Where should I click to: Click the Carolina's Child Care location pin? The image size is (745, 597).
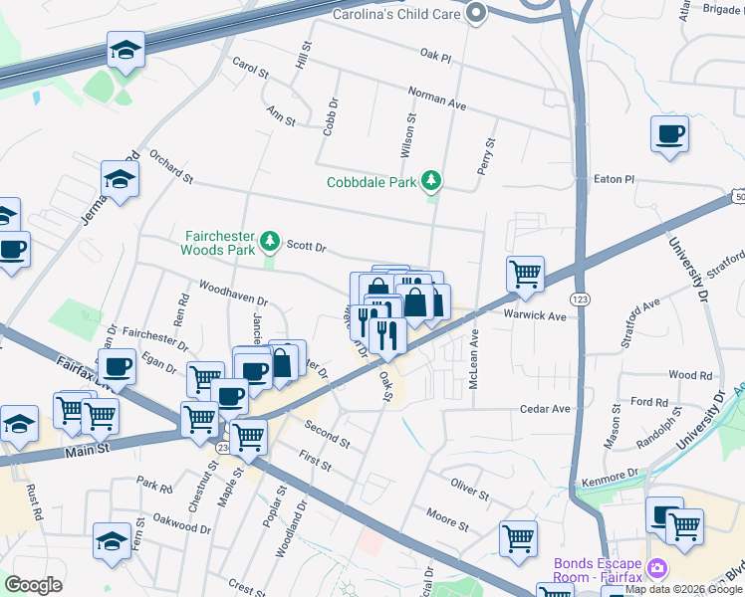tap(476, 13)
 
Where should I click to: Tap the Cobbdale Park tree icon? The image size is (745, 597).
tap(431, 181)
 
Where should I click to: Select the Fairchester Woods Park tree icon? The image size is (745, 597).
tap(269, 241)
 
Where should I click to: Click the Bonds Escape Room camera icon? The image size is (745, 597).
tap(656, 569)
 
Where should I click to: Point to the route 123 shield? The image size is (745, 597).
tap(578, 298)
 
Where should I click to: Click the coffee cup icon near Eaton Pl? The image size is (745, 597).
tap(669, 134)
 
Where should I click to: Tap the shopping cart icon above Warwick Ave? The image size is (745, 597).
tap(525, 274)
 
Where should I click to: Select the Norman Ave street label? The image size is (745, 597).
tap(437, 97)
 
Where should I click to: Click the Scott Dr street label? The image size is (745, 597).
tap(307, 244)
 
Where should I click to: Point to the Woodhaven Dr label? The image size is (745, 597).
tap(234, 298)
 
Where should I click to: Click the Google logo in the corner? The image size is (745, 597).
tap(33, 585)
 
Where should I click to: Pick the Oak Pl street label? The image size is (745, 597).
tap(436, 57)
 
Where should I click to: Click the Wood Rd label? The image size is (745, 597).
tap(690, 375)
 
